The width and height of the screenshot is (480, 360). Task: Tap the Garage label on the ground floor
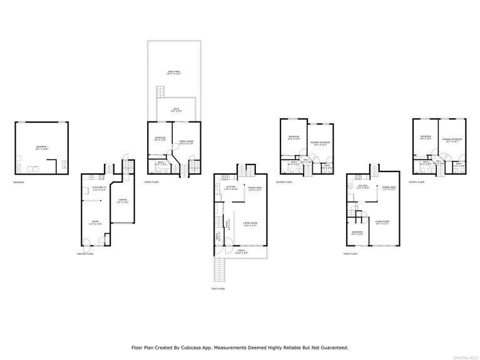coord(123,201)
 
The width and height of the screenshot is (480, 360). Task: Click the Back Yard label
coord(171,72)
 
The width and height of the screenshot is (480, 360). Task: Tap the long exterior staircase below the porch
coord(219,270)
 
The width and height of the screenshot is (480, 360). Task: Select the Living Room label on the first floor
coord(251,224)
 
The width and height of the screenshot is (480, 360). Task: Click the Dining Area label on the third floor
coord(389,188)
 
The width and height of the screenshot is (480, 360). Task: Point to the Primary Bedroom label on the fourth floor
coord(452,140)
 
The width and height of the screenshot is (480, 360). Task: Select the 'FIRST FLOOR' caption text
coord(218,289)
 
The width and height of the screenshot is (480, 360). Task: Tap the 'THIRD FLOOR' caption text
coord(350,254)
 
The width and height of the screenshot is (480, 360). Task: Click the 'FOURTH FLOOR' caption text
coord(417,182)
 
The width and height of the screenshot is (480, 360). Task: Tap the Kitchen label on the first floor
coord(230,187)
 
